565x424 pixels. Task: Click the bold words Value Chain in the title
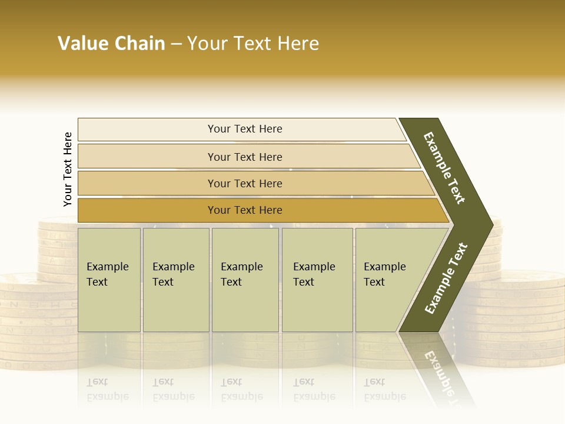pyautogui.click(x=111, y=44)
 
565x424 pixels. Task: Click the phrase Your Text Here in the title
pyautogui.click(x=253, y=44)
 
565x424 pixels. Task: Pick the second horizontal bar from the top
pyautogui.click(x=245, y=157)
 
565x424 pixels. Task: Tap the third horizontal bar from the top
pyautogui.click(x=245, y=183)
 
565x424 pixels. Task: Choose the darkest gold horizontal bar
pyautogui.click(x=245, y=210)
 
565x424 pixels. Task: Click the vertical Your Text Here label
pyautogui.click(x=68, y=169)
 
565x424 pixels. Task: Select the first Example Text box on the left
pyautogui.click(x=109, y=280)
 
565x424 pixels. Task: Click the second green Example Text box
pyautogui.click(x=175, y=280)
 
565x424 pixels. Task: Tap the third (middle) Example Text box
pyautogui.click(x=245, y=280)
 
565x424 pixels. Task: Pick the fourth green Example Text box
pyautogui.click(x=317, y=280)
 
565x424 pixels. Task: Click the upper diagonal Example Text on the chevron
pyautogui.click(x=445, y=168)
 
